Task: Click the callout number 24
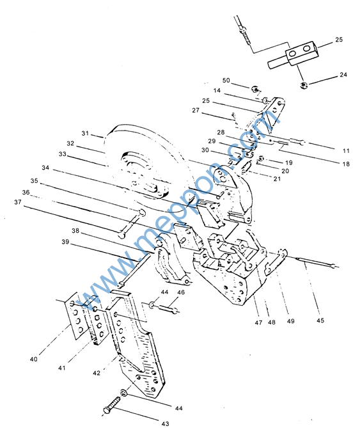pos(343,74)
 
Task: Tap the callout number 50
pos(226,80)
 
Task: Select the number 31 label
pos(85,133)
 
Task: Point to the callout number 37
pos(18,202)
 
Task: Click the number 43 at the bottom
pos(165,424)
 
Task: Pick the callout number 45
pos(320,320)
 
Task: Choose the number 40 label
pos(33,359)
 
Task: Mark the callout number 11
pos(346,150)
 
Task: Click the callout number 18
pos(346,164)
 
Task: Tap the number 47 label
pos(258,322)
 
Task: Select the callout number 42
pos(97,373)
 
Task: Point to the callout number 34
pos(45,168)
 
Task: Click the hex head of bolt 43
pos(107,410)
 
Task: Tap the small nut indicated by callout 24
pos(303,85)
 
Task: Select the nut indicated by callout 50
pos(255,89)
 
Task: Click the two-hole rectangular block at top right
pos(302,53)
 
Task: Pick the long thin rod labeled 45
pos(317,262)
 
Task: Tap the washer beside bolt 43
pos(124,393)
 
